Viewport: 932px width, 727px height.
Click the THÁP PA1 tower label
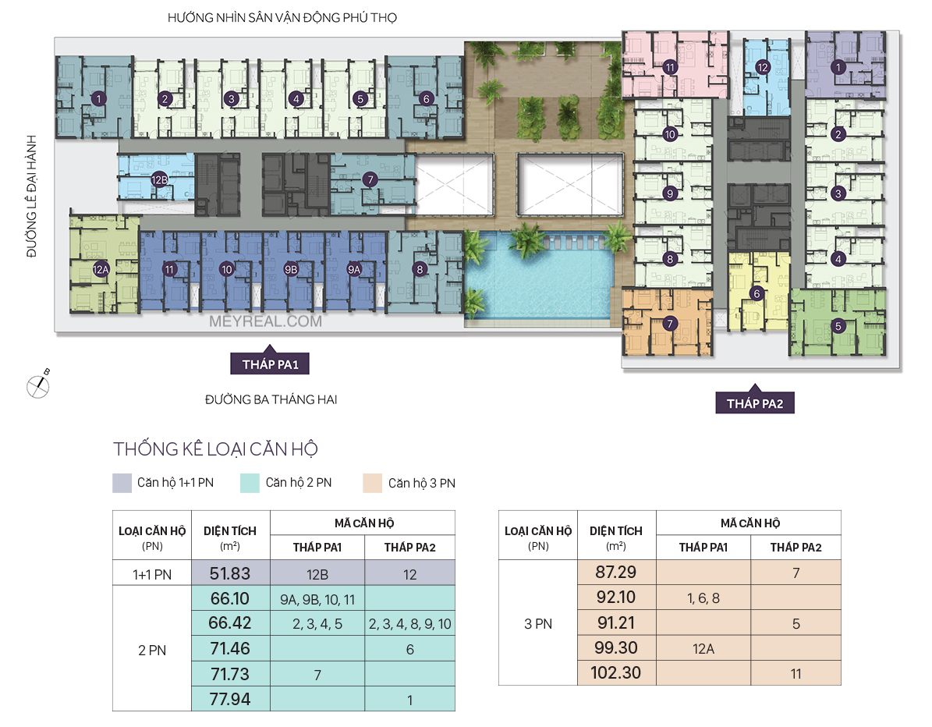pos(270,363)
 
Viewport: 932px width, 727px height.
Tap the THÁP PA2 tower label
pos(755,403)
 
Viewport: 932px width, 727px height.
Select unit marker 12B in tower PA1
pos(159,179)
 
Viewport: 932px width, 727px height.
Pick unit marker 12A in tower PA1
pos(101,269)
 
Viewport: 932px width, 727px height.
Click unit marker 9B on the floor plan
pos(291,269)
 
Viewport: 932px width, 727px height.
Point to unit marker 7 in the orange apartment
pos(670,324)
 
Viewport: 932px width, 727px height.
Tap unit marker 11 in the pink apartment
pos(671,67)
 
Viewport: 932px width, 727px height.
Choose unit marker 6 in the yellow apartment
pos(757,293)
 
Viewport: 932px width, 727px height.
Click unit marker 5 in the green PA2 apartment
pos(838,326)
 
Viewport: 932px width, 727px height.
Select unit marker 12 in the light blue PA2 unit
pos(763,67)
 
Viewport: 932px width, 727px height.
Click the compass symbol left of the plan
pos(38,385)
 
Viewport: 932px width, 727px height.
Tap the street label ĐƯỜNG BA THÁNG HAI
pos(271,399)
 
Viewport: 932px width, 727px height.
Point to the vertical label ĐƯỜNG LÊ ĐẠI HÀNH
pos(31,196)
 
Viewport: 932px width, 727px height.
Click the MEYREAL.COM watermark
pos(266,321)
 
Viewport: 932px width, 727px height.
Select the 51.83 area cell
pos(231,573)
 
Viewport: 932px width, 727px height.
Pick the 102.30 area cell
pos(616,673)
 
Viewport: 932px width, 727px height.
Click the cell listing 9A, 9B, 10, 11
pos(317,599)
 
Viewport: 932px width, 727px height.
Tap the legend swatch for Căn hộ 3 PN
pos(373,484)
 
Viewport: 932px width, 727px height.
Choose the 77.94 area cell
pos(231,699)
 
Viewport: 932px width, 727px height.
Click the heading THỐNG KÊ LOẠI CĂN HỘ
pos(216,449)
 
